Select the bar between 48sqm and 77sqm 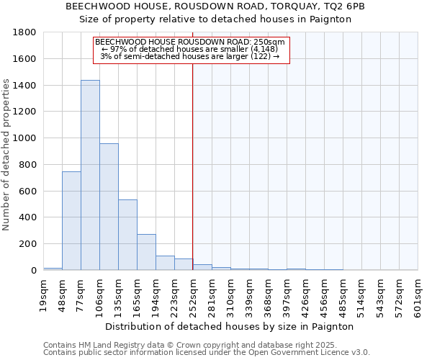(71, 221)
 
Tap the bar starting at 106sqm (109, 207)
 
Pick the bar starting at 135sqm (127, 235)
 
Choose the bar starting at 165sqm (146, 252)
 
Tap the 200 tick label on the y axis (28, 244)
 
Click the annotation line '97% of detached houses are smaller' (190, 49)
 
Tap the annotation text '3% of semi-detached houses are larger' (190, 56)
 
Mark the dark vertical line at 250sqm (192, 166)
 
